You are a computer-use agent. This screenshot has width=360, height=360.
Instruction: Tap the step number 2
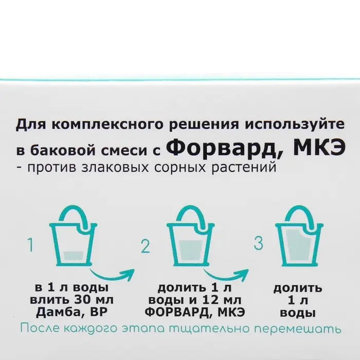[x=146, y=246]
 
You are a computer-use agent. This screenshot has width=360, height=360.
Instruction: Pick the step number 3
[x=259, y=243]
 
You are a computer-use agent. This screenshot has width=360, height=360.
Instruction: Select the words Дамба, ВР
[x=71, y=312]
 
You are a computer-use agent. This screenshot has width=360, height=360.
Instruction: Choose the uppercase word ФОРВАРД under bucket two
[x=176, y=312]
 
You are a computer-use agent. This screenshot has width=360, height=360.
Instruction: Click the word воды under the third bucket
[x=298, y=313]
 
